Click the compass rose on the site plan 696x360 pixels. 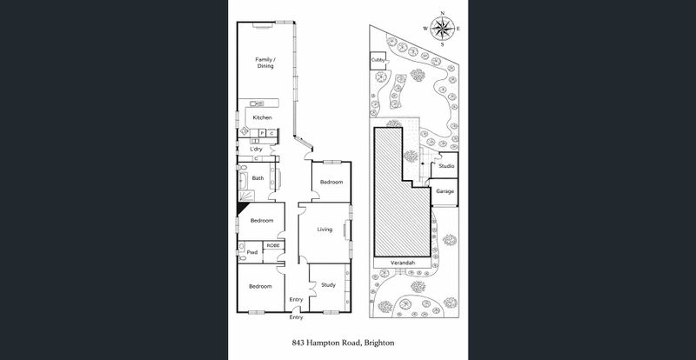coord(443,29)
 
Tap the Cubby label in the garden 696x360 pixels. coord(378,60)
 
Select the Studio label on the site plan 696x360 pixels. coord(445,165)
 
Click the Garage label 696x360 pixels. coord(445,191)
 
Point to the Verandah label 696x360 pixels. coord(402,263)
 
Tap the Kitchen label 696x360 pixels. coord(262,117)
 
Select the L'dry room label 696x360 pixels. coord(256,150)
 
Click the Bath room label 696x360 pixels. coord(258,178)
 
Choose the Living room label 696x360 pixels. coord(325,230)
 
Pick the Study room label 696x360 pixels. coord(328,285)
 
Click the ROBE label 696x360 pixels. coord(272,245)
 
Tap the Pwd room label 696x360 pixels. coord(251,252)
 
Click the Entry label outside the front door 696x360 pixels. coord(297,317)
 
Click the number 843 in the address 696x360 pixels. coord(299,343)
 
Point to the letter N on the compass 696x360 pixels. coord(443,13)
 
